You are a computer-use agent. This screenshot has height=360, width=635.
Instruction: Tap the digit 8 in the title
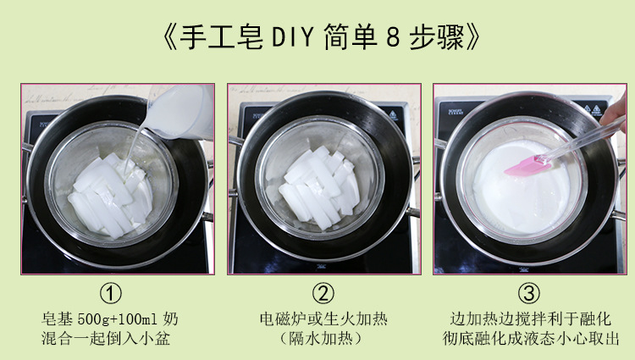pyautogui.click(x=392, y=37)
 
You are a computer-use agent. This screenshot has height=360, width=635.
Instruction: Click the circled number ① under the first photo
pyautogui.click(x=111, y=293)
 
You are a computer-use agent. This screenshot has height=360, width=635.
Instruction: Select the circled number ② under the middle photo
pyautogui.click(x=323, y=293)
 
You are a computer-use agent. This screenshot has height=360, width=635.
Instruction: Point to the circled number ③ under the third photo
pyautogui.click(x=529, y=293)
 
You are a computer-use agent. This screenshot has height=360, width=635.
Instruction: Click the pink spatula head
pyautogui.click(x=527, y=165)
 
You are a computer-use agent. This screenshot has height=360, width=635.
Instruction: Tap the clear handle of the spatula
pyautogui.click(x=583, y=138)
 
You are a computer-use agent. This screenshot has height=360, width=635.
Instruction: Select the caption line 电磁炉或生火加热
pyautogui.click(x=323, y=319)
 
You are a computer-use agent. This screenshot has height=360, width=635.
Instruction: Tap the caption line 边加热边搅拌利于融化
pyautogui.click(x=530, y=319)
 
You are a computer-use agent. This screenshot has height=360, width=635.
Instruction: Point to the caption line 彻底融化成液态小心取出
pyautogui.click(x=531, y=339)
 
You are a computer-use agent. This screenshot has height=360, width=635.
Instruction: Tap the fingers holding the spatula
pyautogui.click(x=615, y=111)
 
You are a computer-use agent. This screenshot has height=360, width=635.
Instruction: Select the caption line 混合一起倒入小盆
pyautogui.click(x=106, y=339)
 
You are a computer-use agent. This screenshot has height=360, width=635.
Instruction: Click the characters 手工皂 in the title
pyautogui.click(x=222, y=37)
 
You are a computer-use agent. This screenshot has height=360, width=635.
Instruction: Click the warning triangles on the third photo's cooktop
pyautogui.click(x=592, y=109)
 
